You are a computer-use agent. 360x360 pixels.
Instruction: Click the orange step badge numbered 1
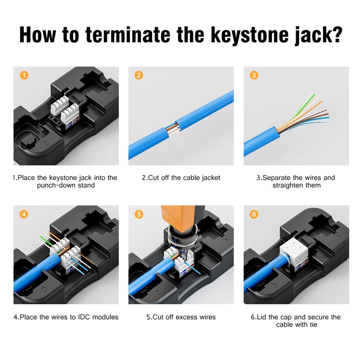[x=24, y=75]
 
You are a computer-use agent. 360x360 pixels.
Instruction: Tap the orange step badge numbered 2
[x=139, y=75]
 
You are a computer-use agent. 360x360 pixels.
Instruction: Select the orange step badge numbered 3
[x=254, y=75]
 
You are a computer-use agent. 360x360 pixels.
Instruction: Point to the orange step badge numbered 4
[x=24, y=214]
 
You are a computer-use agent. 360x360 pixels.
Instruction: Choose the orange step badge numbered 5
[x=139, y=214]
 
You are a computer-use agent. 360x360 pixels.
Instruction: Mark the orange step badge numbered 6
[x=254, y=214]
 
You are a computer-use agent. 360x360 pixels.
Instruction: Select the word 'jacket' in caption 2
[x=209, y=178]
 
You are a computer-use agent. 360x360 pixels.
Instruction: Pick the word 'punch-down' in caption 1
[x=57, y=185]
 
